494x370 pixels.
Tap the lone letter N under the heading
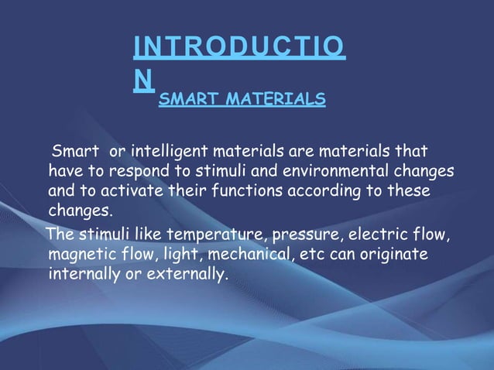point(142,80)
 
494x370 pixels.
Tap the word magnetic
point(80,254)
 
